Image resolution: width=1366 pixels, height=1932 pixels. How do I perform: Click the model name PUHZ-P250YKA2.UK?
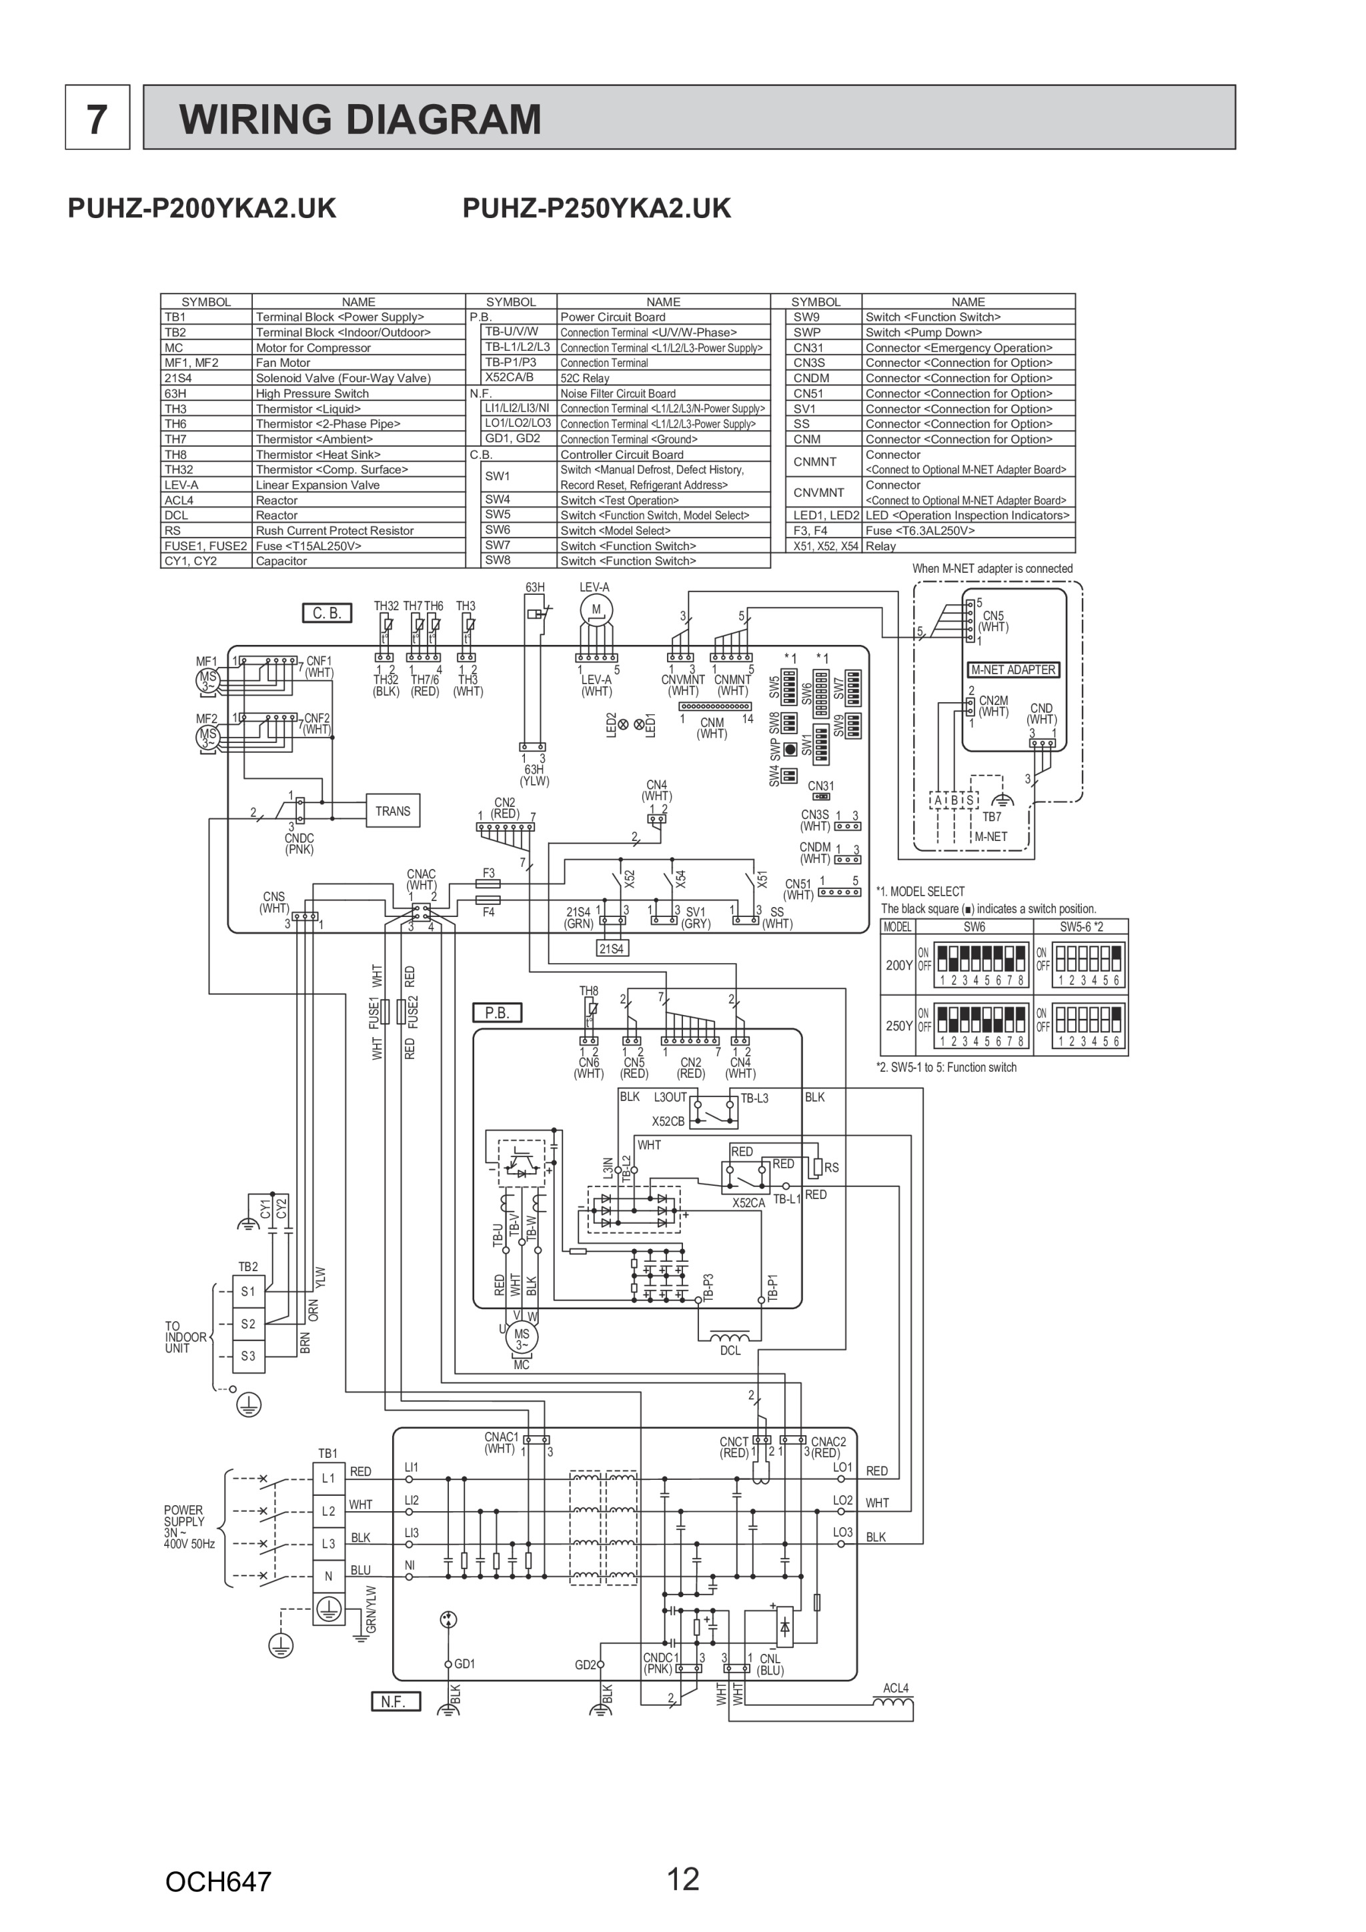click(597, 208)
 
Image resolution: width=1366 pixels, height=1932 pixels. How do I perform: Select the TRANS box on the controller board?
click(392, 810)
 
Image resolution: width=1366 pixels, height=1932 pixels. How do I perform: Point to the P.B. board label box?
click(498, 1013)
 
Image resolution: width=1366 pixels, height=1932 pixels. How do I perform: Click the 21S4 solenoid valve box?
click(611, 948)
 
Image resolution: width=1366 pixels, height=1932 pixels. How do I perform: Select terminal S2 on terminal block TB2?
click(247, 1324)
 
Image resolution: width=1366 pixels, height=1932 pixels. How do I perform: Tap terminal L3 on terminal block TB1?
click(328, 1543)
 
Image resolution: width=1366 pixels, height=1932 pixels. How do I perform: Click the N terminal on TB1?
click(328, 1576)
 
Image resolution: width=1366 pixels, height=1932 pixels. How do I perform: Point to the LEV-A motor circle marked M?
click(597, 610)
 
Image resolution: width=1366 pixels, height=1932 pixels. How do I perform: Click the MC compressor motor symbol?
click(522, 1338)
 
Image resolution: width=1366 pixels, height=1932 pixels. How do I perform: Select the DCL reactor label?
click(730, 1350)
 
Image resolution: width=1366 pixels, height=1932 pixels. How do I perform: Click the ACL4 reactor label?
click(896, 1688)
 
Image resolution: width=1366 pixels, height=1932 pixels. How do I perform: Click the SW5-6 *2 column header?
click(1081, 926)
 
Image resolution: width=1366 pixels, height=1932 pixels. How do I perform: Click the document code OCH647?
click(218, 1881)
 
